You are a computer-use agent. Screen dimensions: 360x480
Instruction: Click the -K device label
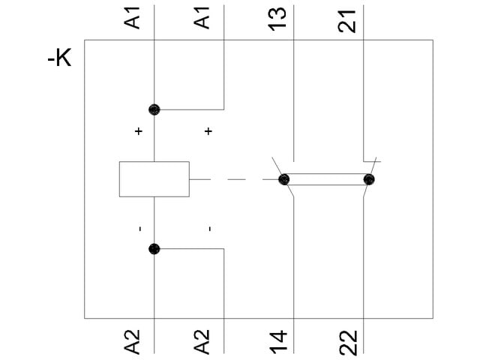coord(59,58)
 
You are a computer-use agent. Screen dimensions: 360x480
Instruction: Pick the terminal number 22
coord(347,340)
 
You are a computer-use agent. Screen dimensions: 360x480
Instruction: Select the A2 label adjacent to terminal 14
coord(203,340)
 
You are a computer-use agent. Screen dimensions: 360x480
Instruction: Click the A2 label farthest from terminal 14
coord(133,340)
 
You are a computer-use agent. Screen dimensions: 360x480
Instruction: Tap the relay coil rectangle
coord(154,179)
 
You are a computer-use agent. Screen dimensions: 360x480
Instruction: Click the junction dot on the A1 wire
coord(154,109)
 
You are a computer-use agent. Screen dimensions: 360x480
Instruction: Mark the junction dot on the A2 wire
coord(154,249)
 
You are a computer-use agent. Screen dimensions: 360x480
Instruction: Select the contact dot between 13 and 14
coord(284,179)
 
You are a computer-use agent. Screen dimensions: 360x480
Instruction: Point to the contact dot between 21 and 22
coord(368,179)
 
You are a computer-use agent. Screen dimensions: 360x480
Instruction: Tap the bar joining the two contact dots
coord(326,179)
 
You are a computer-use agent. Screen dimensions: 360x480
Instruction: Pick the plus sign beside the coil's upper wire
coord(138,132)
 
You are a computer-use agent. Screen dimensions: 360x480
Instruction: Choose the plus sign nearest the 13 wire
coord(208,132)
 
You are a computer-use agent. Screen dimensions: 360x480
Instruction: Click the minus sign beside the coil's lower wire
coord(139,228)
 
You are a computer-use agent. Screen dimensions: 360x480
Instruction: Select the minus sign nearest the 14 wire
coord(210,228)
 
